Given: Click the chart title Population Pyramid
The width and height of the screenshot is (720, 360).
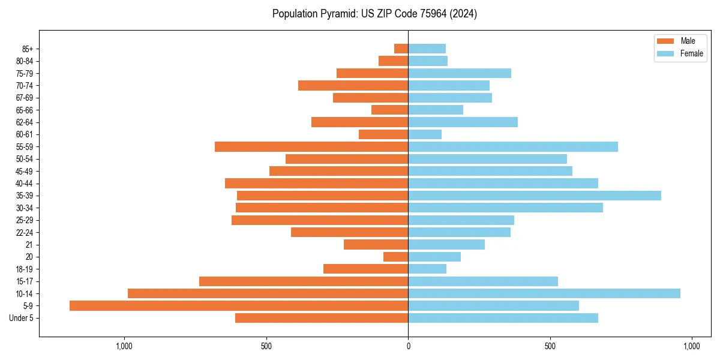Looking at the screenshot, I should click(x=374, y=14).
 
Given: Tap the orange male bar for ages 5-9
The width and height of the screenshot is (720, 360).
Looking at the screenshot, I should click(x=239, y=306).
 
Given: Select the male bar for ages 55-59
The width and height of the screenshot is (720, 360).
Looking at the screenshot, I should click(x=311, y=147).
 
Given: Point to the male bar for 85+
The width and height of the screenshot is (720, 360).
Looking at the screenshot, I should click(x=401, y=49).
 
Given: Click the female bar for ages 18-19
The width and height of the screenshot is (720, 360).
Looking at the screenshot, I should click(x=427, y=269).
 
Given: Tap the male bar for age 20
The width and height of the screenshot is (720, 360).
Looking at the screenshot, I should click(x=396, y=257).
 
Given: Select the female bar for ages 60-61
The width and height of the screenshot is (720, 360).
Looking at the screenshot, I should click(x=425, y=134).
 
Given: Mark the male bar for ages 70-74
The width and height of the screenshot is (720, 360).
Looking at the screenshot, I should click(x=353, y=86).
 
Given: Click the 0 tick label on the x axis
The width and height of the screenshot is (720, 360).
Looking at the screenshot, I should click(x=408, y=346).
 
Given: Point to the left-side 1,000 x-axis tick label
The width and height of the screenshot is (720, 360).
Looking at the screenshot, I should click(x=124, y=346).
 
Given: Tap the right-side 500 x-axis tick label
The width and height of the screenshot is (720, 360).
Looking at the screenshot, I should click(x=550, y=346).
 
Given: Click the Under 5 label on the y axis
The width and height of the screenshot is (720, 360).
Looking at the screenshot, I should click(x=21, y=318).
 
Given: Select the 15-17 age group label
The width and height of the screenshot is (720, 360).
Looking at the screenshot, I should click(x=25, y=281).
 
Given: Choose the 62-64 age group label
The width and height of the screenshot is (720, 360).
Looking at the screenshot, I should click(x=25, y=122).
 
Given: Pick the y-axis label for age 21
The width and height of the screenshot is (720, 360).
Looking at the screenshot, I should click(x=29, y=245).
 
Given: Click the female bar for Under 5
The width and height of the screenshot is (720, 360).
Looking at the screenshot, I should click(x=503, y=318).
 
